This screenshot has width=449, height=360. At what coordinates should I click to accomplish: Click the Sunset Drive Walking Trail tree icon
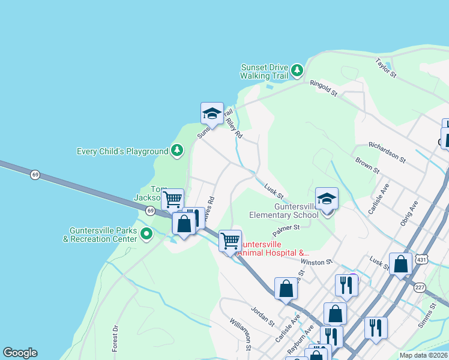click(297, 71)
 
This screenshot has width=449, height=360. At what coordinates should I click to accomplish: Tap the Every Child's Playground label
click(122, 151)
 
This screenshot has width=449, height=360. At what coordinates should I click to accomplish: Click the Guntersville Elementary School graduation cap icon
click(327, 199)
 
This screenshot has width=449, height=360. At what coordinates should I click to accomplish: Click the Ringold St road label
click(324, 89)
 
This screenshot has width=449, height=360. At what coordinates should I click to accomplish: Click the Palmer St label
click(286, 228)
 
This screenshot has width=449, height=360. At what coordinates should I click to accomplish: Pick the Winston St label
click(316, 262)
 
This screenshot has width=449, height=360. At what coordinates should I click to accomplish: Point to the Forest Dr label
click(115, 338)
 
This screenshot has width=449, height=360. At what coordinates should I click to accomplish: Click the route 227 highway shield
click(420, 288)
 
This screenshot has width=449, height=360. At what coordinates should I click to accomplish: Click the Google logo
click(20, 353)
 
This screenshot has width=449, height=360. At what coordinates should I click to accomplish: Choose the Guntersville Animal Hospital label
click(268, 248)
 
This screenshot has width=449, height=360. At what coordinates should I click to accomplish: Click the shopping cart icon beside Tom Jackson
click(173, 198)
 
